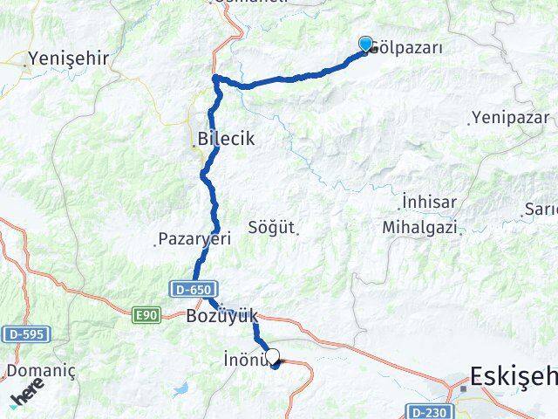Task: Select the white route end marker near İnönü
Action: coord(273,356)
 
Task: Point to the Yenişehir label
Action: coord(68,58)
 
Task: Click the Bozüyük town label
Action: coord(221,317)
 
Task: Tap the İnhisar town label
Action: coord(429,203)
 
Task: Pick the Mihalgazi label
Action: coord(419,227)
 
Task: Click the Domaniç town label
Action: coord(33,371)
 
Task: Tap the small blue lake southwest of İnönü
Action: coord(181,388)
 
